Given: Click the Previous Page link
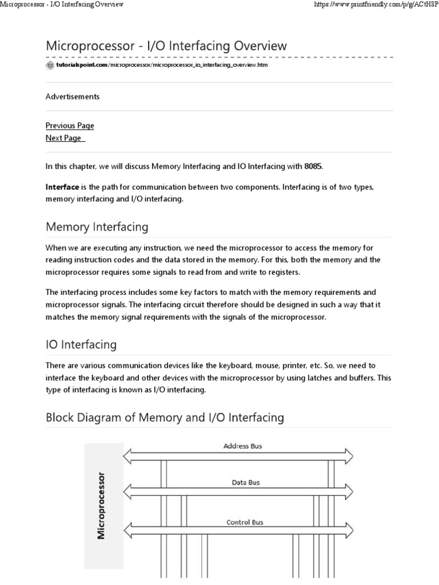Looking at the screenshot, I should tap(70, 126).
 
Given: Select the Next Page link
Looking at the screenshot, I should tap(64, 138).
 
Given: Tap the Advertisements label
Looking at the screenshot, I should tap(73, 97).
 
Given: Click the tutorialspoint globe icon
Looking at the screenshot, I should tap(50, 65).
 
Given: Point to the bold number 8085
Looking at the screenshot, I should tap(313, 166).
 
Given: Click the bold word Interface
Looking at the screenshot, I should tap(62, 187).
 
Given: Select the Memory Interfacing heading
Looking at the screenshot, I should tap(97, 227).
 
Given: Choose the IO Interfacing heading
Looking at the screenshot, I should tap(81, 344).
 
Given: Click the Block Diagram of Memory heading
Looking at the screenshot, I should tap(165, 418).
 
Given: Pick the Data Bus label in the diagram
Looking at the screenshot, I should tap(245, 483).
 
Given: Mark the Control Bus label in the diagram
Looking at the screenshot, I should tap(245, 522).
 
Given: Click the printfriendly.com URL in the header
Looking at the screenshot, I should tap(373, 5).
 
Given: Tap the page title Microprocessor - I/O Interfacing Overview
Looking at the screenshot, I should tap(166, 46).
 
